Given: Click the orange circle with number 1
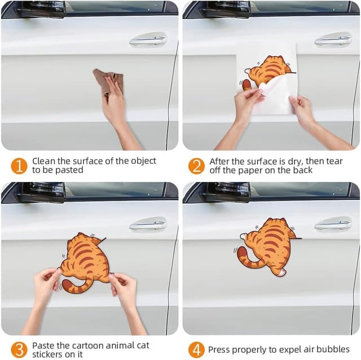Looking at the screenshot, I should tap(19, 166).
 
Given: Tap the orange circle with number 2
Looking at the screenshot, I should tap(196, 166).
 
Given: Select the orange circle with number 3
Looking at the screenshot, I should tap(19, 349).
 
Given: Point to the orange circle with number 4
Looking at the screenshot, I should tap(196, 349).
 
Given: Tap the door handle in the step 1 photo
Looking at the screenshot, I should tap(148, 40).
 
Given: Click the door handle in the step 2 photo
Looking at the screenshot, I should tap(333, 40).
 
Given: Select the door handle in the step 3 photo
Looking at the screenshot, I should tap(148, 225).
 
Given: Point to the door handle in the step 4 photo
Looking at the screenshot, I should tap(333, 225).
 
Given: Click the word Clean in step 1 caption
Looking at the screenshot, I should tap(43, 161).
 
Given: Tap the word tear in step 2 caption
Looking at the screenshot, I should tap(333, 161).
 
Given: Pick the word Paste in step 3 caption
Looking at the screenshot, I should tap(43, 345).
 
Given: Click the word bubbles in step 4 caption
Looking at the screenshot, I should tap(333, 349).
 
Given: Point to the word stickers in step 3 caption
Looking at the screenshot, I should tap(47, 354).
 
